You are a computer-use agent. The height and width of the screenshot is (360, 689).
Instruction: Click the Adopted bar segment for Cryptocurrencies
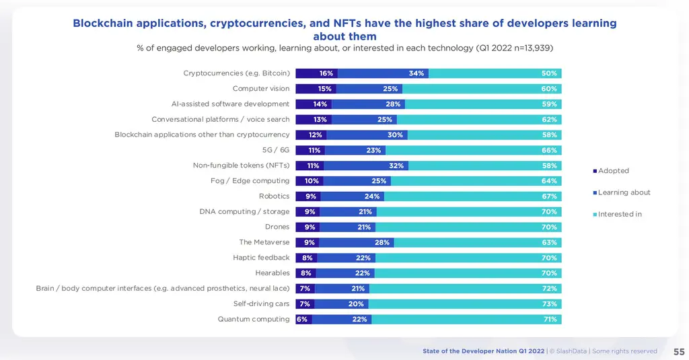click(x=316, y=73)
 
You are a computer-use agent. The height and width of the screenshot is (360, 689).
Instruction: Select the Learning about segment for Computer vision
click(x=370, y=89)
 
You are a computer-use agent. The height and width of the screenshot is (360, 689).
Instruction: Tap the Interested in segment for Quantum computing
click(x=466, y=319)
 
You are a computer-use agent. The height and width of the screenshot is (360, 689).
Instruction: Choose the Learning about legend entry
click(x=624, y=192)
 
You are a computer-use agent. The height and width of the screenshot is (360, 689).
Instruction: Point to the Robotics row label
click(x=274, y=196)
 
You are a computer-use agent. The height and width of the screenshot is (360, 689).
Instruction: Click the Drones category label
click(x=277, y=227)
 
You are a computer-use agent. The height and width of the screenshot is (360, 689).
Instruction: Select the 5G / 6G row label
click(x=276, y=150)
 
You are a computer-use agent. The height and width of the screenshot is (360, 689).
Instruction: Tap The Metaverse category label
click(x=264, y=242)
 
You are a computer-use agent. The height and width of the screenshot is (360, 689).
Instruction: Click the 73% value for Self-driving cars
click(x=549, y=303)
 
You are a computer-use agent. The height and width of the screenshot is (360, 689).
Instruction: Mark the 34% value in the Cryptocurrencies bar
click(x=416, y=73)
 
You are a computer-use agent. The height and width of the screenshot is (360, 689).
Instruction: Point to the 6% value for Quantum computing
click(x=302, y=319)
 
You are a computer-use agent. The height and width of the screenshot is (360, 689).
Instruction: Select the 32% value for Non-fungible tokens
click(x=396, y=166)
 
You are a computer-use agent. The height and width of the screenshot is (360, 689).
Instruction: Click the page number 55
click(x=679, y=351)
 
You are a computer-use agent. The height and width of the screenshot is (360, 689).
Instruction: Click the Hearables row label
click(x=273, y=273)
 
